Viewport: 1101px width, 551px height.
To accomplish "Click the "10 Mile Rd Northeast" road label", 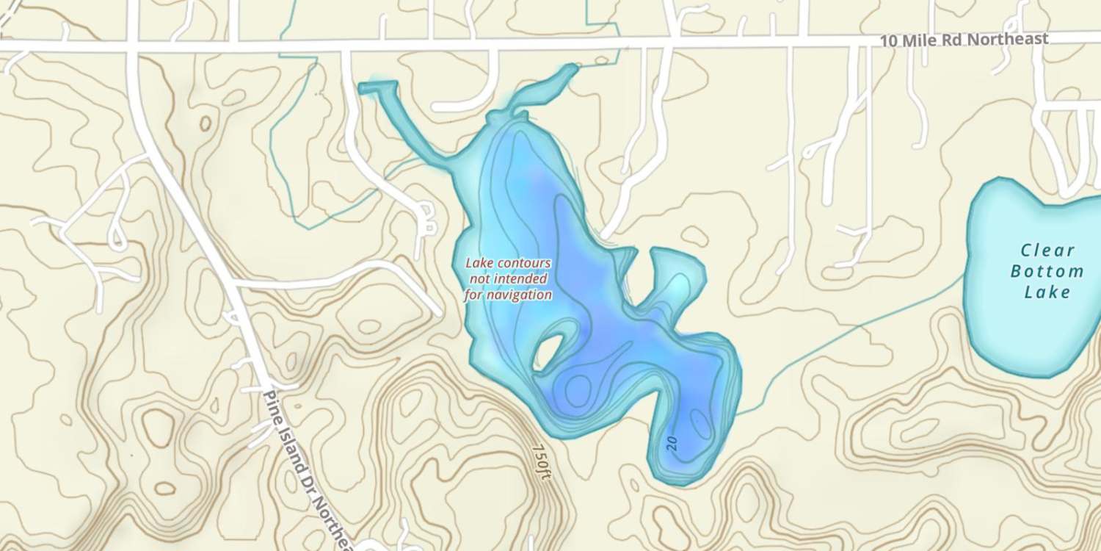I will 964,39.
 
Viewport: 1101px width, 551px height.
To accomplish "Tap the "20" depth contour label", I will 672,442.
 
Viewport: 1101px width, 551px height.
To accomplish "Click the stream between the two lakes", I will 844,338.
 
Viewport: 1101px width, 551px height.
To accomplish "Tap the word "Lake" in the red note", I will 480,264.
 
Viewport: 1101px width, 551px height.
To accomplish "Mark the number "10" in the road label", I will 888,41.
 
